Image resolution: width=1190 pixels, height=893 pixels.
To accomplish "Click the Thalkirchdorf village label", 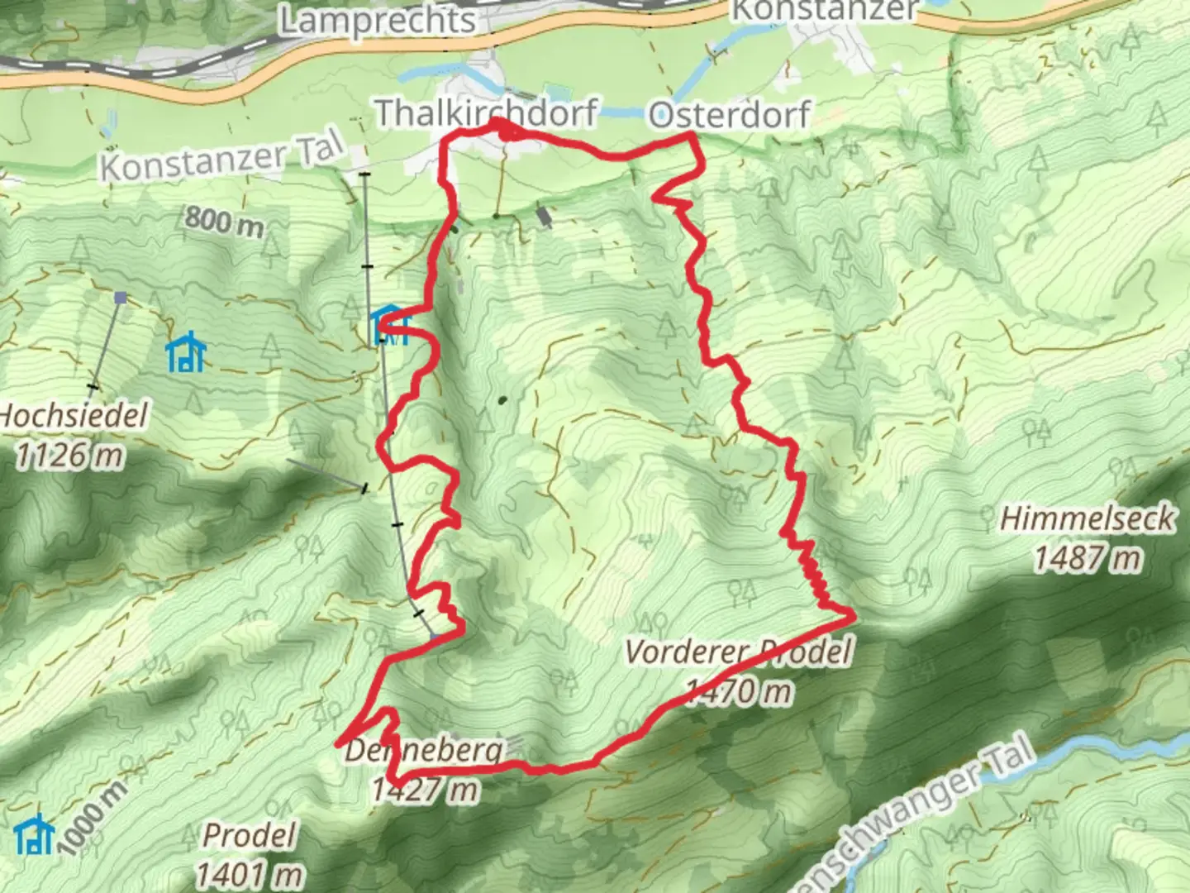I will (x=487, y=113).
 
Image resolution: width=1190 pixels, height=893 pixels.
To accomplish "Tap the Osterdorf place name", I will (x=729, y=115).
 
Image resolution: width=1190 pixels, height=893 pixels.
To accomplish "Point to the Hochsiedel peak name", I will (x=73, y=415).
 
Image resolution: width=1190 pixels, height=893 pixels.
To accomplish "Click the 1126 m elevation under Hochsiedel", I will (x=69, y=456).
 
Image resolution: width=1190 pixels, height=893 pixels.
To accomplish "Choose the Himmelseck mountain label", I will (x=1087, y=519).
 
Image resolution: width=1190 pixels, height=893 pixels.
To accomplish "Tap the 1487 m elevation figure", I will (x=1087, y=560).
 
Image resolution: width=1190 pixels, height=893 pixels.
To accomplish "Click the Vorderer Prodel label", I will (x=737, y=652).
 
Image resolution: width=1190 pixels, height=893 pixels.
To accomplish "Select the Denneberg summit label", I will (x=423, y=751).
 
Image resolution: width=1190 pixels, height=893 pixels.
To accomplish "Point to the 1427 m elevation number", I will (x=424, y=790).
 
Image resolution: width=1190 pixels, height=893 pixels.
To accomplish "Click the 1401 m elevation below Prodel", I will (x=247, y=874).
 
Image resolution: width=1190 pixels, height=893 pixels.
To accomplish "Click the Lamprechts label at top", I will (x=378, y=20).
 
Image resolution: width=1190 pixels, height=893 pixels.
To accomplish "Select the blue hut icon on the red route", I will (x=388, y=323).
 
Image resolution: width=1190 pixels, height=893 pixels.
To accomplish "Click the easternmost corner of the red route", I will (x=853, y=614).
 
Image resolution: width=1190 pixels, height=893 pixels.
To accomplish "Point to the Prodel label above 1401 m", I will (x=248, y=836).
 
